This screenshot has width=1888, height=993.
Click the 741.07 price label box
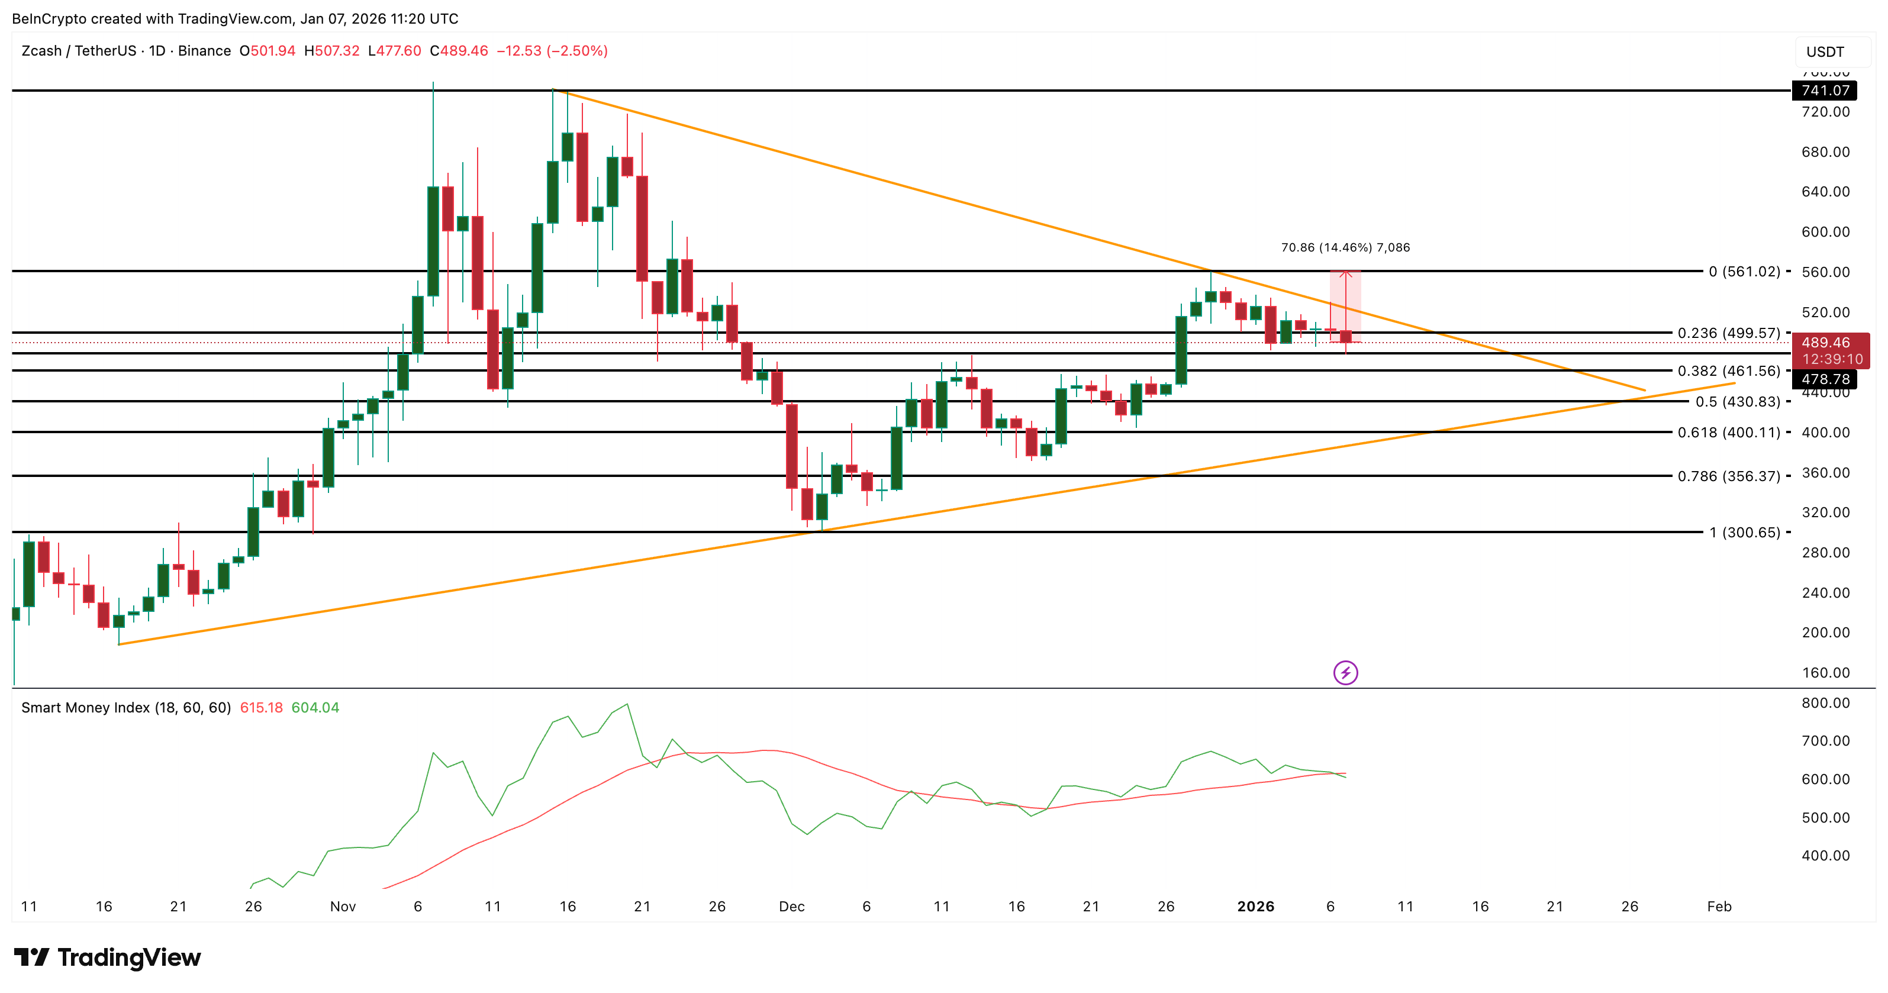point(1825,90)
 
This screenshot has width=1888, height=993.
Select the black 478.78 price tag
point(1825,379)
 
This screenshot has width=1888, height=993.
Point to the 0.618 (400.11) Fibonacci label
point(1728,433)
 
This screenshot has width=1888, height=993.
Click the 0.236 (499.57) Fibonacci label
point(1728,333)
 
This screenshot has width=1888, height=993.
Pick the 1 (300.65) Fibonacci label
point(1744,532)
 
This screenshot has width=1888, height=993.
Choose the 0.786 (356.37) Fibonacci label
point(1728,476)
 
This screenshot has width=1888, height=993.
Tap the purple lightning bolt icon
point(1345,673)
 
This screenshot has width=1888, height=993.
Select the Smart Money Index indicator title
point(125,708)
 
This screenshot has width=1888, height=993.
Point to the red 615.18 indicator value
point(261,708)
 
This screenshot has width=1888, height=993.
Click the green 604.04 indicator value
point(315,708)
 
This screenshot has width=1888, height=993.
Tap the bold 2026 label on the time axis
point(1255,907)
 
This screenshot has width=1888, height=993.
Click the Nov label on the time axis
point(342,907)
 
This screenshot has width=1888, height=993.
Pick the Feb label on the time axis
point(1719,907)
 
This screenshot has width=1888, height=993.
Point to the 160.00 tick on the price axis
point(1825,673)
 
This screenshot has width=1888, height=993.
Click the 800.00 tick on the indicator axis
point(1825,703)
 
